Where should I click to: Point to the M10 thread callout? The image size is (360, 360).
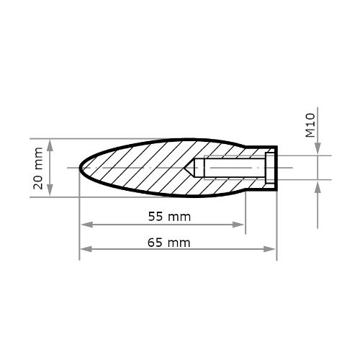310,125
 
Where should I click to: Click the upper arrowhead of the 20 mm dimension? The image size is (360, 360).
49,143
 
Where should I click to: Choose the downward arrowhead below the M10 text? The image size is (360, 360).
318,150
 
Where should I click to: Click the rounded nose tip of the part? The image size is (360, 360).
79,168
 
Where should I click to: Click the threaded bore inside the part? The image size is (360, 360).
230,168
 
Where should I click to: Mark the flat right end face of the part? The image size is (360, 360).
276,168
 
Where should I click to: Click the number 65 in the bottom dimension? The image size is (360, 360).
155,243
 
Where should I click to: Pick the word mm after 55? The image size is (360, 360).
180,216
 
